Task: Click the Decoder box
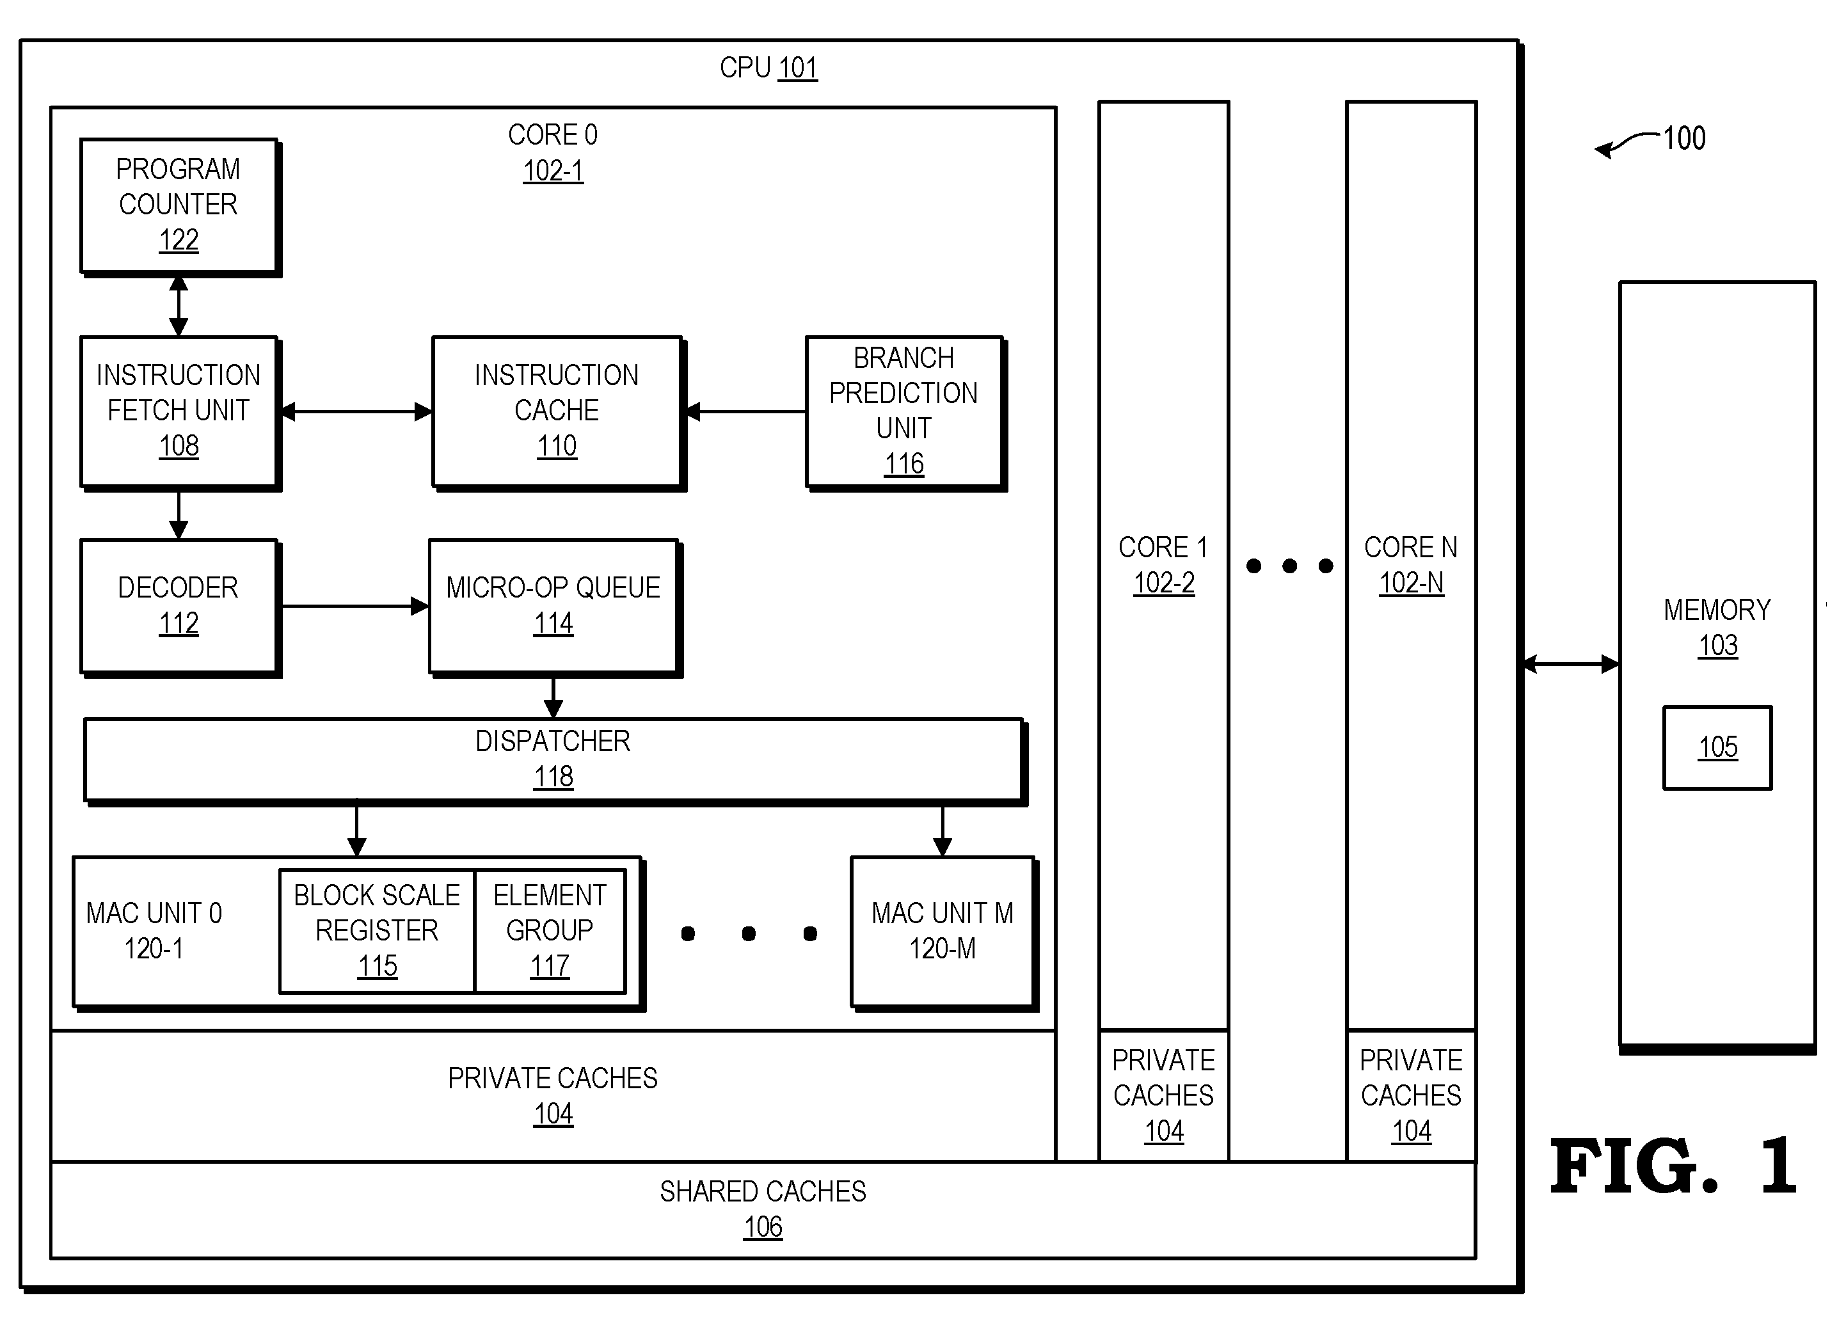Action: [x=180, y=607]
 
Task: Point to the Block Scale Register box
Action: [x=377, y=931]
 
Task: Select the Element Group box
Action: [x=550, y=931]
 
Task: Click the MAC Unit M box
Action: [x=943, y=933]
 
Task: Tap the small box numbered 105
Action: [x=1717, y=747]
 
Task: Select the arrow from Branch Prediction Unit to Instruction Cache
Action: [x=745, y=412]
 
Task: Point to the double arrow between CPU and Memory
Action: [x=1570, y=664]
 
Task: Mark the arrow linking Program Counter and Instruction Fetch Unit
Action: [x=179, y=306]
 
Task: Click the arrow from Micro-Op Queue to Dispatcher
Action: [x=553, y=697]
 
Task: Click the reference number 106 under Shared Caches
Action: [x=763, y=1226]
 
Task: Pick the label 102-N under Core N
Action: [x=1412, y=583]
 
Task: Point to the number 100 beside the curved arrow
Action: [x=1684, y=138]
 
